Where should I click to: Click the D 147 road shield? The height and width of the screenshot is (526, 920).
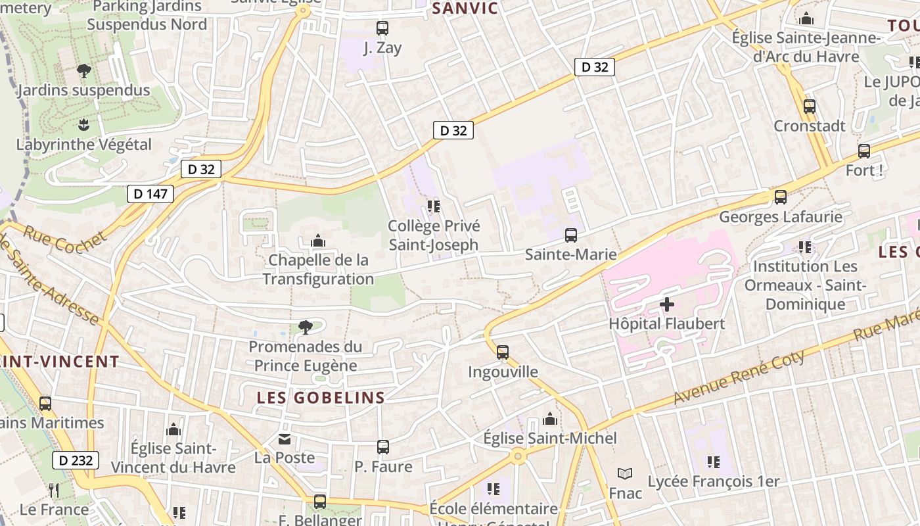pyautogui.click(x=150, y=193)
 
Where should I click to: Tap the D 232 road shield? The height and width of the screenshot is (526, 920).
pyautogui.click(x=76, y=460)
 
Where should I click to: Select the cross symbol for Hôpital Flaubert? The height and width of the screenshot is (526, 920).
pyautogui.click(x=667, y=304)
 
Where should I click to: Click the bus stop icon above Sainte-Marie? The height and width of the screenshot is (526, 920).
pyautogui.click(x=571, y=235)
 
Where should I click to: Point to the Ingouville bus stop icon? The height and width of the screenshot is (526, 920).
pyautogui.click(x=503, y=352)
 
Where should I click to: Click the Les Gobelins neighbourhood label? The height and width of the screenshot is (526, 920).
pyautogui.click(x=321, y=398)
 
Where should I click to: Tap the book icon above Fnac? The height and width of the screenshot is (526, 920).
pyautogui.click(x=625, y=473)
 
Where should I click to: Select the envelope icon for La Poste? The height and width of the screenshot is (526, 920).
pyautogui.click(x=285, y=439)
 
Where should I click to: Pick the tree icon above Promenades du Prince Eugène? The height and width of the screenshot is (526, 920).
pyautogui.click(x=305, y=327)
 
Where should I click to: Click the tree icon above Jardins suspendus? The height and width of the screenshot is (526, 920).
pyautogui.click(x=83, y=70)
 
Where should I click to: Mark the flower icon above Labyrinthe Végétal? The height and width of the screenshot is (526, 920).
pyautogui.click(x=83, y=124)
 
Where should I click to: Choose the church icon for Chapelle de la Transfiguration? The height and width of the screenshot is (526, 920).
pyautogui.click(x=318, y=241)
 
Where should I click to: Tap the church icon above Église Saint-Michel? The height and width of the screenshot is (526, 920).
pyautogui.click(x=550, y=419)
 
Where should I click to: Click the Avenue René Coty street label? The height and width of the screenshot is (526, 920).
pyautogui.click(x=739, y=377)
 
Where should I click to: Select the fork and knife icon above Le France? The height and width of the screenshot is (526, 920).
pyautogui.click(x=54, y=490)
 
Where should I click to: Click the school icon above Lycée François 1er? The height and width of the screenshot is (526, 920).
pyautogui.click(x=713, y=462)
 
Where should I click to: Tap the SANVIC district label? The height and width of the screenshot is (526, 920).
pyautogui.click(x=465, y=9)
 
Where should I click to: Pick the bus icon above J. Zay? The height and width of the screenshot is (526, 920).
pyautogui.click(x=382, y=28)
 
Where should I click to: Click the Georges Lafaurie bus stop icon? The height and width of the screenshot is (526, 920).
pyautogui.click(x=781, y=197)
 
